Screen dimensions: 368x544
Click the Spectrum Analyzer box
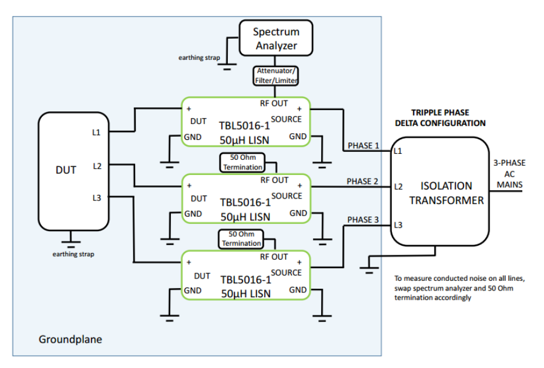(276, 38)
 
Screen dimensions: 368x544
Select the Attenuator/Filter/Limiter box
(276, 76)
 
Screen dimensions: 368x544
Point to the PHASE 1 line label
(363, 146)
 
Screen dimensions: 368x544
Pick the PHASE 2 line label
(363, 181)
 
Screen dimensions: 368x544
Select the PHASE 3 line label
(363, 220)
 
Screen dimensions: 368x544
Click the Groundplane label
(70, 340)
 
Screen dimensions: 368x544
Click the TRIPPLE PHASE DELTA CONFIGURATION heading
(440, 118)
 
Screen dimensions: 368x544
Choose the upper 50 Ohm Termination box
(242, 162)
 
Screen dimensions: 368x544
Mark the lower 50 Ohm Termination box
(241, 238)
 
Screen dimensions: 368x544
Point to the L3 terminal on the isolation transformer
(398, 225)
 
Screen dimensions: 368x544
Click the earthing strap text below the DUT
(73, 254)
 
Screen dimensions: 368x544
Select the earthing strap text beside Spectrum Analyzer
(198, 58)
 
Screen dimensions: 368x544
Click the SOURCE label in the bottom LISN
(287, 272)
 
